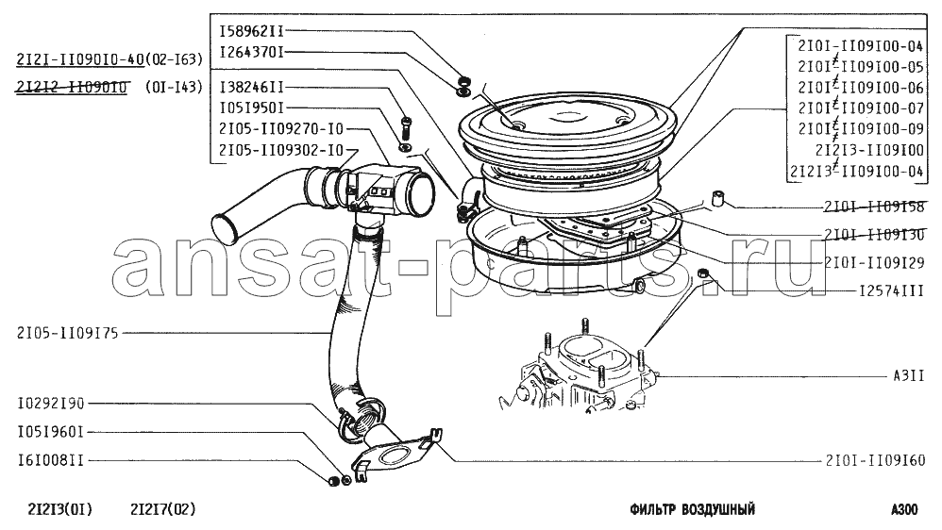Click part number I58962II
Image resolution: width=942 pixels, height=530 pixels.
pyautogui.click(x=251, y=31)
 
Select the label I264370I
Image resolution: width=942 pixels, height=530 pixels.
pyautogui.click(x=251, y=53)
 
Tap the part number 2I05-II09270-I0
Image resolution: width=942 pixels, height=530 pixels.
pyautogui.click(x=281, y=129)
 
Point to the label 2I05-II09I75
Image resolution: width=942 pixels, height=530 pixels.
pyautogui.click(x=68, y=333)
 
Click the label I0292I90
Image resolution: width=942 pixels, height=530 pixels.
pyautogui.click(x=51, y=404)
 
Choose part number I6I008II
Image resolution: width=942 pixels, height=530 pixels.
pyautogui.click(x=51, y=460)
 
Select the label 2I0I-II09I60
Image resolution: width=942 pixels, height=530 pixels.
pyautogui.click(x=875, y=460)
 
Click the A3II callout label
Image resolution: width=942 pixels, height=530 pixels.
pyautogui.click(x=908, y=376)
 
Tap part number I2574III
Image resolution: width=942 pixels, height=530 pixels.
pyautogui.click(x=892, y=291)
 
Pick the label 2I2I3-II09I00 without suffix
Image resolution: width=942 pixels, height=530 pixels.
pyautogui.click(x=869, y=150)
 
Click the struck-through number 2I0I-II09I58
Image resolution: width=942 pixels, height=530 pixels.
pyautogui.click(x=874, y=207)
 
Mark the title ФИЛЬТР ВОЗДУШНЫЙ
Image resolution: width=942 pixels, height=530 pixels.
pyautogui.click(x=692, y=510)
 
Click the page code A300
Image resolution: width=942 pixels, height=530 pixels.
pyautogui.click(x=904, y=510)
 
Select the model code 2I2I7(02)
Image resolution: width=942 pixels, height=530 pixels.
pyautogui.click(x=162, y=510)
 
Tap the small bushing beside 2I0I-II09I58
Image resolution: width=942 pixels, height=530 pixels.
pyautogui.click(x=717, y=199)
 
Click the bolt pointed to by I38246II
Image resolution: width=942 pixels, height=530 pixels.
pyautogui.click(x=406, y=127)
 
